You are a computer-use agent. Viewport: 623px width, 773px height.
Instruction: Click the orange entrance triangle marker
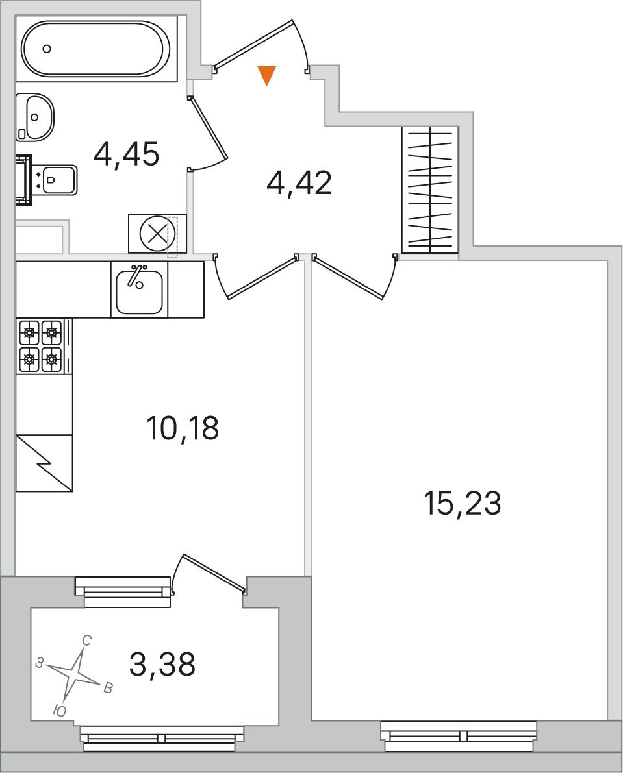pos(267,75)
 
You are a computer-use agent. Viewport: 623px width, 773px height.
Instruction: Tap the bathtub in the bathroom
pos(96,49)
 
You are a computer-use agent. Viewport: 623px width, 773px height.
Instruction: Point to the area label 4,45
pos(126,154)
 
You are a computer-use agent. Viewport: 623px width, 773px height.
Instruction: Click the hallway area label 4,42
pos(299,183)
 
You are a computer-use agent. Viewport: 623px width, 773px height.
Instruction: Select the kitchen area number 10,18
pos(183,428)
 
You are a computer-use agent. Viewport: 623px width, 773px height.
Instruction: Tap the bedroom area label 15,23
pos(462,504)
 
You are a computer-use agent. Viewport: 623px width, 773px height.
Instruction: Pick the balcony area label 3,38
pos(162,664)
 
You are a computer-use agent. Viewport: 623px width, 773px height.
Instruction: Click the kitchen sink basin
pos(139,292)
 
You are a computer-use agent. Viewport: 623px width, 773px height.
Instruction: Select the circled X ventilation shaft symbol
pos(157,233)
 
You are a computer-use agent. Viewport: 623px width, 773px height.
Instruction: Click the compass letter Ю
pos(59,711)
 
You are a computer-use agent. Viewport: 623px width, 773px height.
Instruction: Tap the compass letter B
pos(108,688)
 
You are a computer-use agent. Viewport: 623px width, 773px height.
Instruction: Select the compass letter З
pos(40,663)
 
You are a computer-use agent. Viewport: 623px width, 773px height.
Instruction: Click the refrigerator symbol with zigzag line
pos(44,463)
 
